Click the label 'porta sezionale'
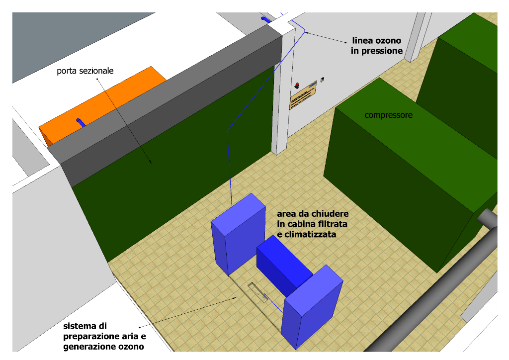[85, 71]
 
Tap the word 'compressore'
[389, 115]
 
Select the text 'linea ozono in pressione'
[377, 45]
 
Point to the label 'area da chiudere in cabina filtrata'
[313, 223]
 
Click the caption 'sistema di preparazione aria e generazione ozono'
[104, 337]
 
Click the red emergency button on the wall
[297, 85]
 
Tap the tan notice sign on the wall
[303, 97]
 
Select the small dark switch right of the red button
[322, 79]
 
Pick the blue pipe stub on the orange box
[81, 122]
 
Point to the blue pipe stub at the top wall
[265, 19]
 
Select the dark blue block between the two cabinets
[283, 264]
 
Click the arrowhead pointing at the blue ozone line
[308, 33]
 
